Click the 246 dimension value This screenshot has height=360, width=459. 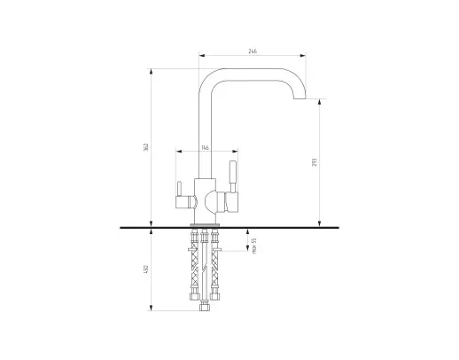[x=253, y=51]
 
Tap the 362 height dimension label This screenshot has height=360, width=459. [x=146, y=147]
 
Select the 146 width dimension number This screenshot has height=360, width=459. [x=205, y=147]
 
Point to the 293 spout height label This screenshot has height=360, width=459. [x=315, y=162]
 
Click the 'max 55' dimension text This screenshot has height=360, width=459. [x=254, y=246]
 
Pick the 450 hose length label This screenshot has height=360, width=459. [x=145, y=269]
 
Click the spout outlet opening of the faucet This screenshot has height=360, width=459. [x=300, y=98]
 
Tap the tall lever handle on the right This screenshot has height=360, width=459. [x=233, y=176]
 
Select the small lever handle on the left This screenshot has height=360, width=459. [x=179, y=189]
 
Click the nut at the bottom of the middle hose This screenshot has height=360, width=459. [x=205, y=306]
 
